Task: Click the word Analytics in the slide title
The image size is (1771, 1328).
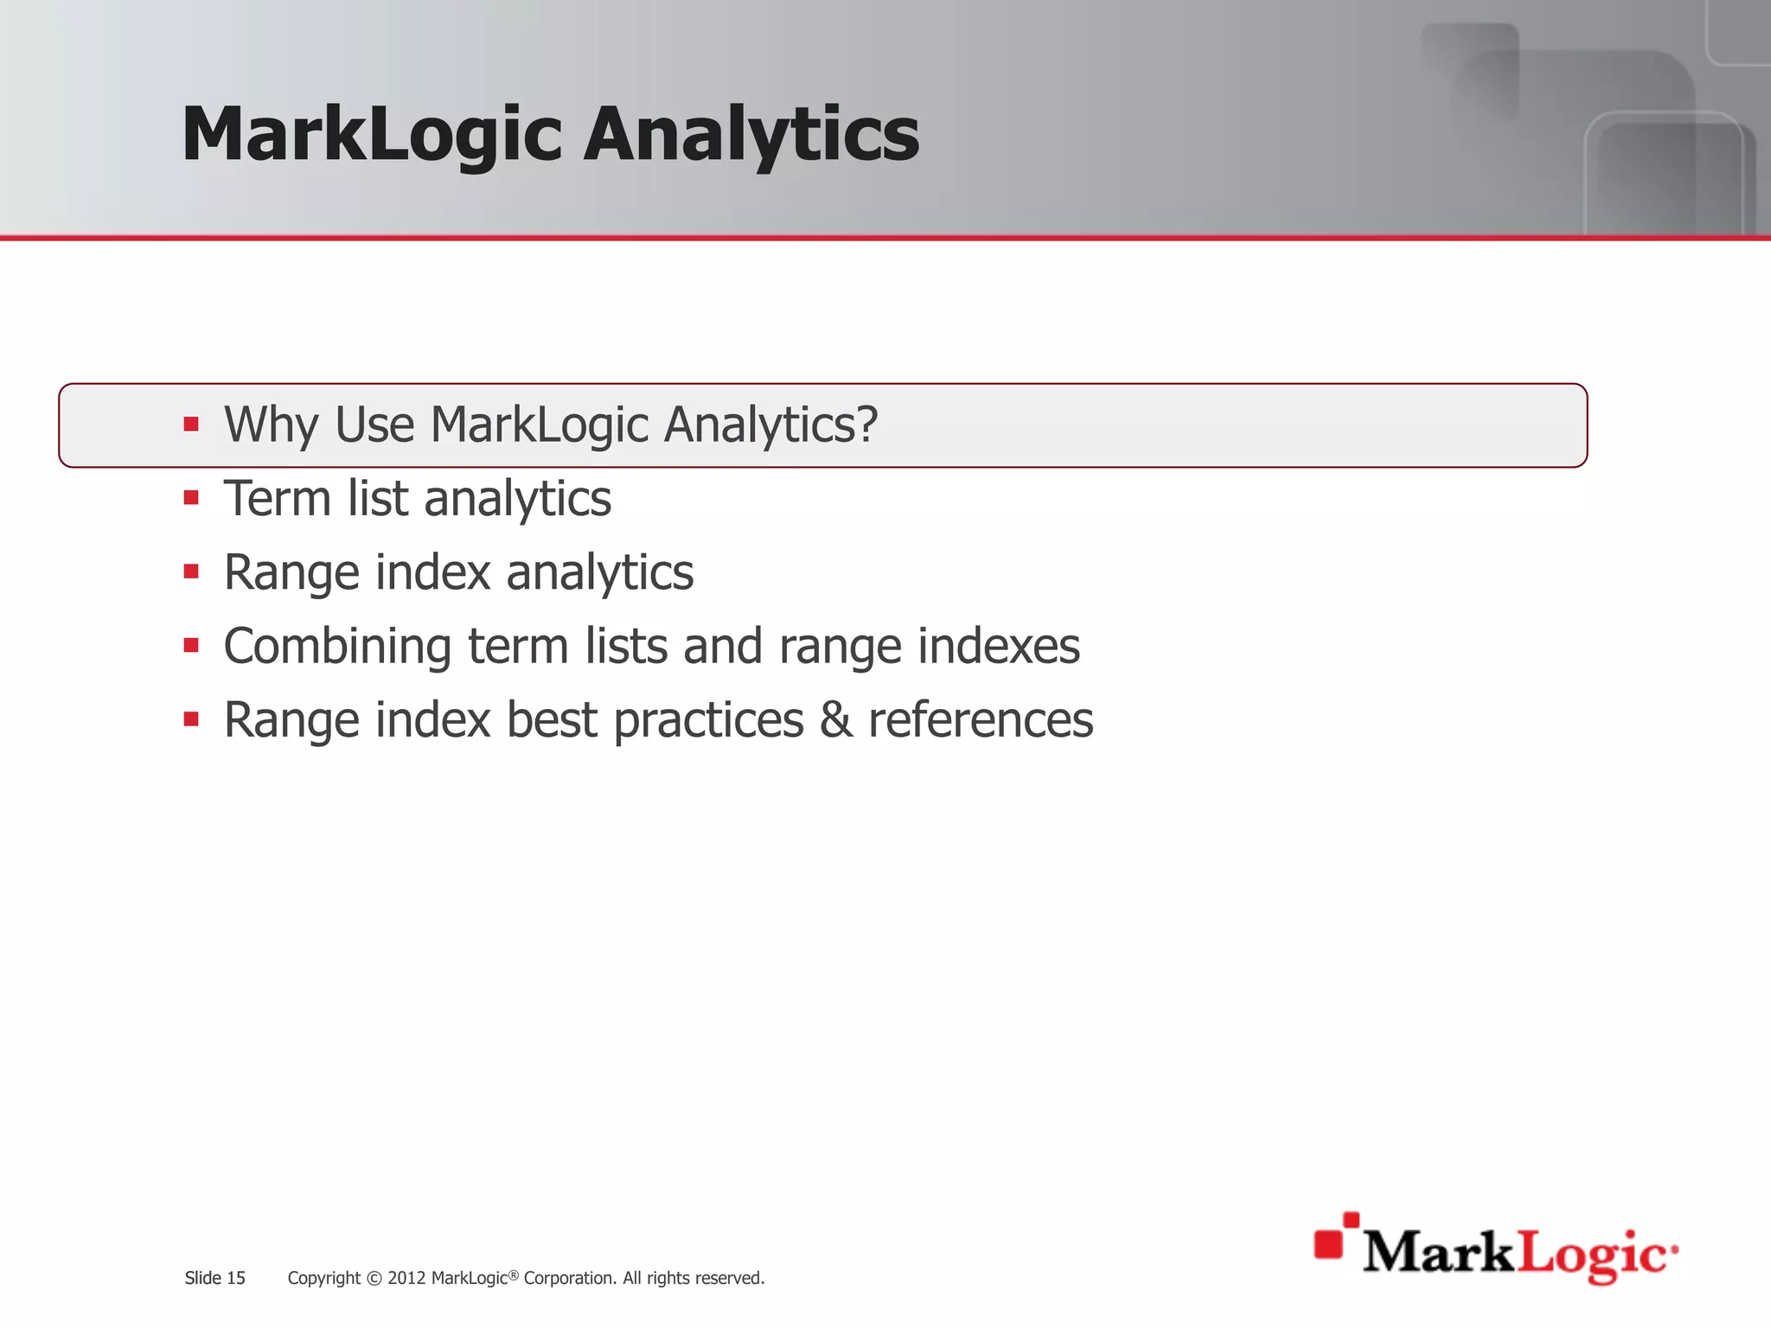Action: pos(751,134)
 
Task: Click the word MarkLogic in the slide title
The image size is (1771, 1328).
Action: pos(372,134)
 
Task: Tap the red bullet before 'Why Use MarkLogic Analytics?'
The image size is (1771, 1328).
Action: pos(191,425)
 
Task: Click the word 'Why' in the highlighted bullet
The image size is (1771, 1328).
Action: pos(272,425)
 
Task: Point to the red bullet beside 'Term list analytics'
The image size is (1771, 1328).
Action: pos(191,498)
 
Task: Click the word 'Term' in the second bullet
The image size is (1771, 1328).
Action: pos(277,498)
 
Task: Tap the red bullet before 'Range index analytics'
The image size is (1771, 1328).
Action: pos(191,571)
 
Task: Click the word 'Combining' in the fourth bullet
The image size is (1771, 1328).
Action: pos(337,647)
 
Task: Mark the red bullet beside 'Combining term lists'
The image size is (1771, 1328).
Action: pos(191,645)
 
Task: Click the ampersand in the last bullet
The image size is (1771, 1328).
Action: pos(836,719)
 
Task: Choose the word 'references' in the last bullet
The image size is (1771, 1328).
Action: pos(981,719)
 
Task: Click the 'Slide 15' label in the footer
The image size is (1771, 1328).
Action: pos(214,1278)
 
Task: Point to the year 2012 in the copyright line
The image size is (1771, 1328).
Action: pos(406,1278)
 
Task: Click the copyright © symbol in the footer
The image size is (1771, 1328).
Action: pos(374,1279)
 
